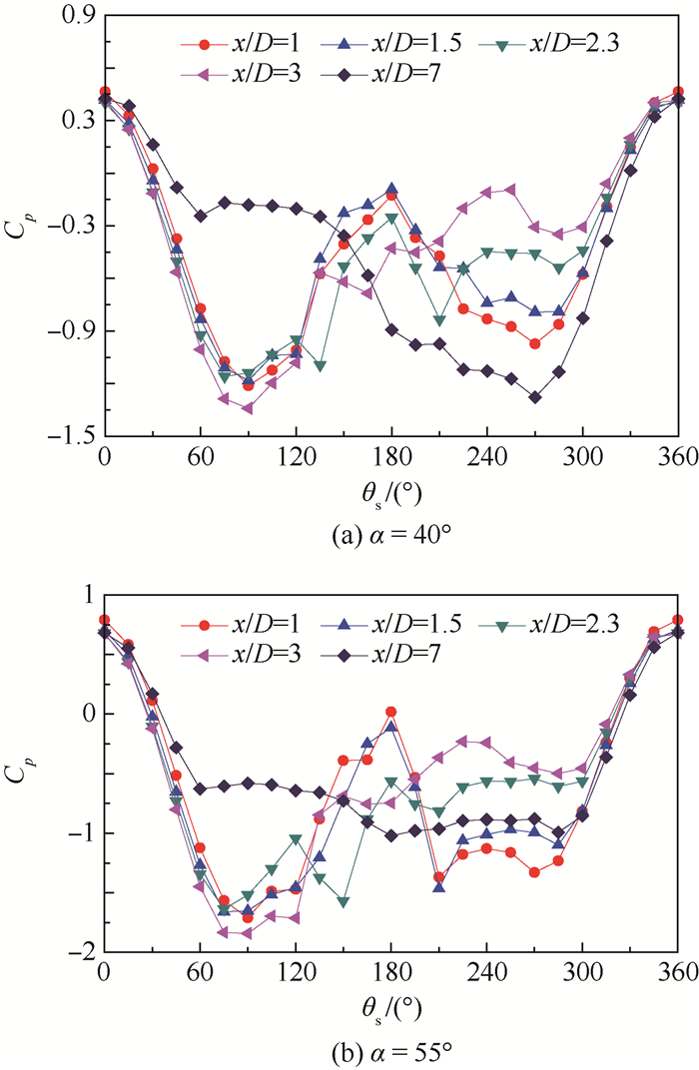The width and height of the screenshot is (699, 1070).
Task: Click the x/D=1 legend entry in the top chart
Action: point(236,44)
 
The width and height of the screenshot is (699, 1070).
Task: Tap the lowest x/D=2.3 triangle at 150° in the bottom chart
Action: point(344,902)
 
